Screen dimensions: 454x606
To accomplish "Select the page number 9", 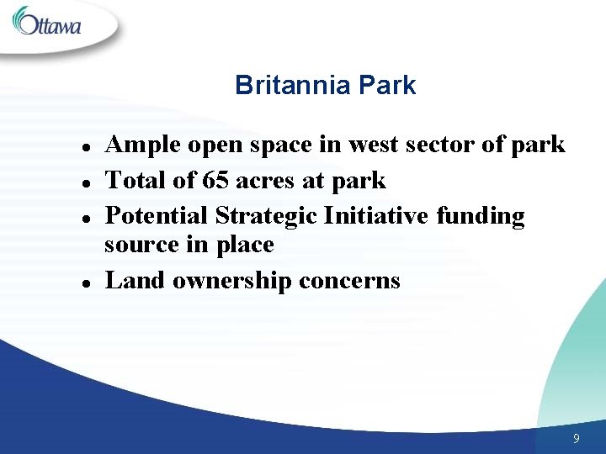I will coord(576,438).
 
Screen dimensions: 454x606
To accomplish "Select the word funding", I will coord(481,216).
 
